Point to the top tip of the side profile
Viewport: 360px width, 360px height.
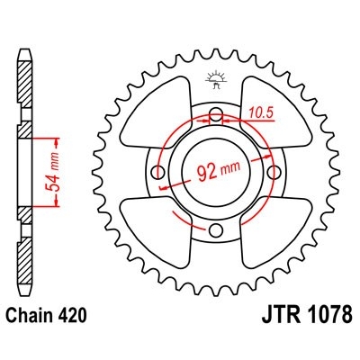[x=22, y=45]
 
